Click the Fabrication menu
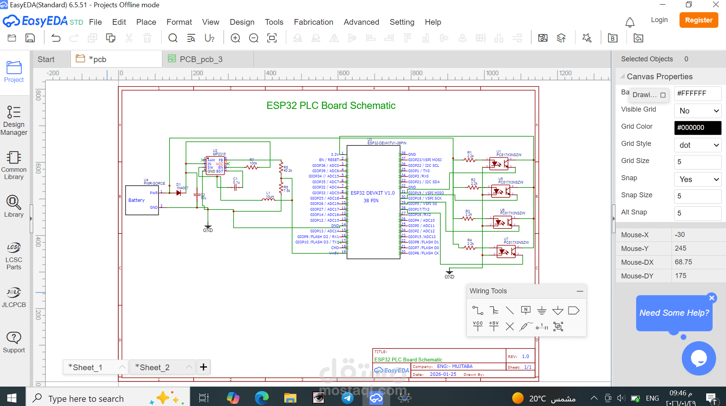tap(313, 22)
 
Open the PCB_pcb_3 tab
tap(201, 59)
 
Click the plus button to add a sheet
tap(204, 367)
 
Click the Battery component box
tap(142, 200)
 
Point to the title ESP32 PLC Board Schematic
tap(331, 105)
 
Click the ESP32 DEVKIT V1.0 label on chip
tap(372, 193)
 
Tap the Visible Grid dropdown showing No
tap(697, 111)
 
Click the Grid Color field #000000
tap(697, 128)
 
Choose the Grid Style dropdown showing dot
tap(697, 145)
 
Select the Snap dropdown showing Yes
tap(697, 179)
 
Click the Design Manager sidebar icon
tap(14, 120)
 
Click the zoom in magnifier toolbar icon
tap(236, 38)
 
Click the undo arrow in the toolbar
tap(56, 38)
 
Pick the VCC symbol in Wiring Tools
tap(478, 326)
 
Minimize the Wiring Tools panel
tap(580, 291)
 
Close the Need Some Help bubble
tap(712, 298)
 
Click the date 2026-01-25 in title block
tap(443, 374)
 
